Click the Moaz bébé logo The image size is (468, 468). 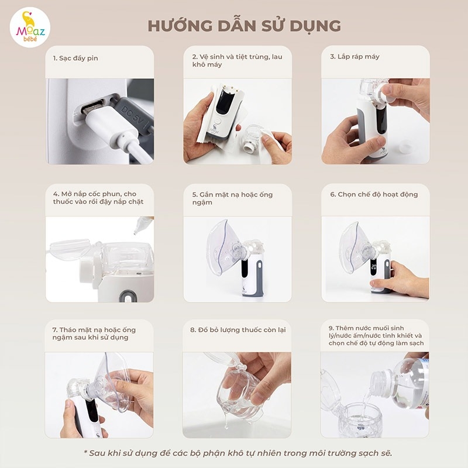(x=30, y=27)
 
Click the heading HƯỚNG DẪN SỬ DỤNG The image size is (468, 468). (x=244, y=26)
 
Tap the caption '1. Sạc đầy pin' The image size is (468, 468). (x=75, y=58)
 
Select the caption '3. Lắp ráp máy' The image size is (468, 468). (x=355, y=57)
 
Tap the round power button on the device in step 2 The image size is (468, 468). (x=218, y=122)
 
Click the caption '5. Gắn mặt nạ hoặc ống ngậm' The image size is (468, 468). (x=232, y=198)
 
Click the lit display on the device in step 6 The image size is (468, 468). (x=374, y=266)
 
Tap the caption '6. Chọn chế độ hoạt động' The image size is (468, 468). (x=374, y=194)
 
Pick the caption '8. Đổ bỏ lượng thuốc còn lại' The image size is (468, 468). (x=238, y=330)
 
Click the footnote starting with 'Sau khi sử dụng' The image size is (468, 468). (x=238, y=453)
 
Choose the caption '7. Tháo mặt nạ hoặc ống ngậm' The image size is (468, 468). (x=94, y=333)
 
